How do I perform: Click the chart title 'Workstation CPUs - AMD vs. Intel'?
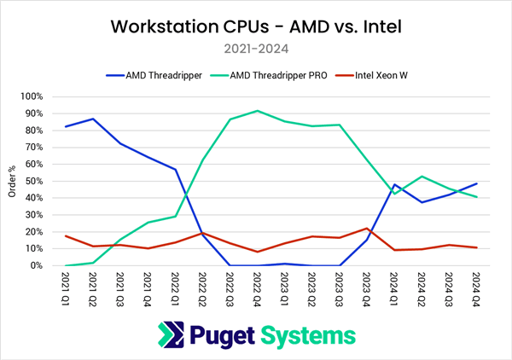point(256,26)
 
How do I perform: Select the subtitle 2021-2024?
point(256,49)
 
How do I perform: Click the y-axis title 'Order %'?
point(12,181)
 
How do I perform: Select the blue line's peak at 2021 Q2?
point(93,119)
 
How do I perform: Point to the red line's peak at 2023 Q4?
point(367,229)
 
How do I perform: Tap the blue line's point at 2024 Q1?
point(394,184)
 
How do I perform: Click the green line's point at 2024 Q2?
point(422,177)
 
